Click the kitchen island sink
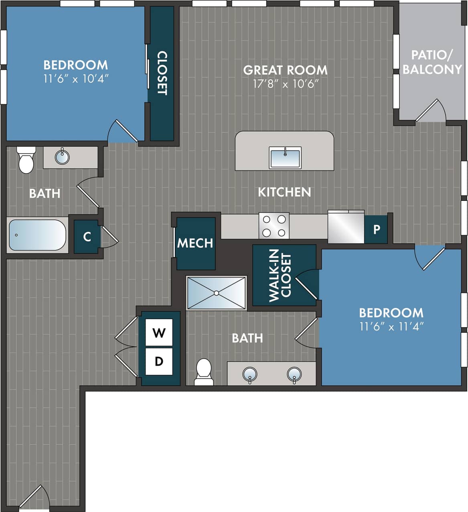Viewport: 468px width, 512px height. pyautogui.click(x=285, y=158)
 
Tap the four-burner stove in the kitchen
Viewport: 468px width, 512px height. pyautogui.click(x=274, y=226)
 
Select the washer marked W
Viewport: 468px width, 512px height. pyautogui.click(x=159, y=332)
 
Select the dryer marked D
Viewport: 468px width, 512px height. pyautogui.click(x=159, y=361)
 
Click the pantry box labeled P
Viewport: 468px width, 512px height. pyautogui.click(x=376, y=229)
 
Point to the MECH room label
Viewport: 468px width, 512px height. pyautogui.click(x=195, y=243)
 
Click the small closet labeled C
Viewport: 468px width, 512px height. pyautogui.click(x=87, y=237)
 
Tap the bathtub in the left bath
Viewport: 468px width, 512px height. pyautogui.click(x=37, y=235)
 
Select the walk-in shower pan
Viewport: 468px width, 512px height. pyautogui.click(x=217, y=293)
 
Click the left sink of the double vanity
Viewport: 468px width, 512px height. pyautogui.click(x=250, y=374)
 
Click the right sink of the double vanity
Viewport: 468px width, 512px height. pyautogui.click(x=294, y=374)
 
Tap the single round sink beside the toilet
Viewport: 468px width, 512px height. pyautogui.click(x=62, y=156)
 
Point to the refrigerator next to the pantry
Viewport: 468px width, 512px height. pyautogui.click(x=346, y=227)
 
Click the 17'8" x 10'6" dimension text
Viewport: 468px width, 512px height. pyautogui.click(x=286, y=84)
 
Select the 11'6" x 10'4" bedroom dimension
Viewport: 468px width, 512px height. pyautogui.click(x=76, y=79)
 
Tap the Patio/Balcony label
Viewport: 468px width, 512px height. pyautogui.click(x=432, y=62)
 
